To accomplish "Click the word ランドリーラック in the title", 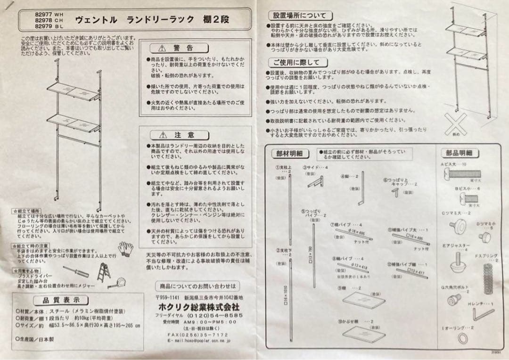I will [161, 19].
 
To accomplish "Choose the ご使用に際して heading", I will [296, 62].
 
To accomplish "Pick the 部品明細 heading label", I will [460, 153].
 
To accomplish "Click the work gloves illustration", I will [125, 248].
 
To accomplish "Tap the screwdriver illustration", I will [75, 272].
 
